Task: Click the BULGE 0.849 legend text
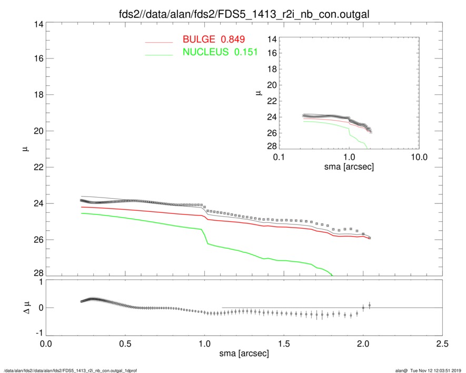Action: click(x=214, y=40)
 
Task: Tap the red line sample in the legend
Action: click(x=158, y=42)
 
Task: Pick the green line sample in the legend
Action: click(x=158, y=54)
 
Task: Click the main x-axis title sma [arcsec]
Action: click(x=242, y=353)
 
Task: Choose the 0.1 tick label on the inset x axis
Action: click(x=279, y=158)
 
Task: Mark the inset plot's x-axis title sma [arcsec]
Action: click(x=349, y=166)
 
